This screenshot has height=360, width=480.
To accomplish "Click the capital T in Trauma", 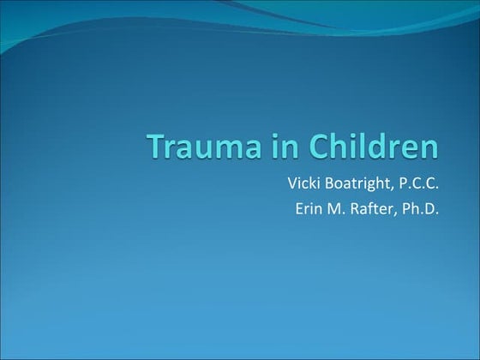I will pyautogui.click(x=154, y=147).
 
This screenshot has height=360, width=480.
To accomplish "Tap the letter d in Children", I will pyautogui.click(x=382, y=147).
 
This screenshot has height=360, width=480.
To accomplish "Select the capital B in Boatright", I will pyautogui.click(x=333, y=183).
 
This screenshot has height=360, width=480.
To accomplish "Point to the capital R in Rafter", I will pyautogui.click(x=350, y=207).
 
